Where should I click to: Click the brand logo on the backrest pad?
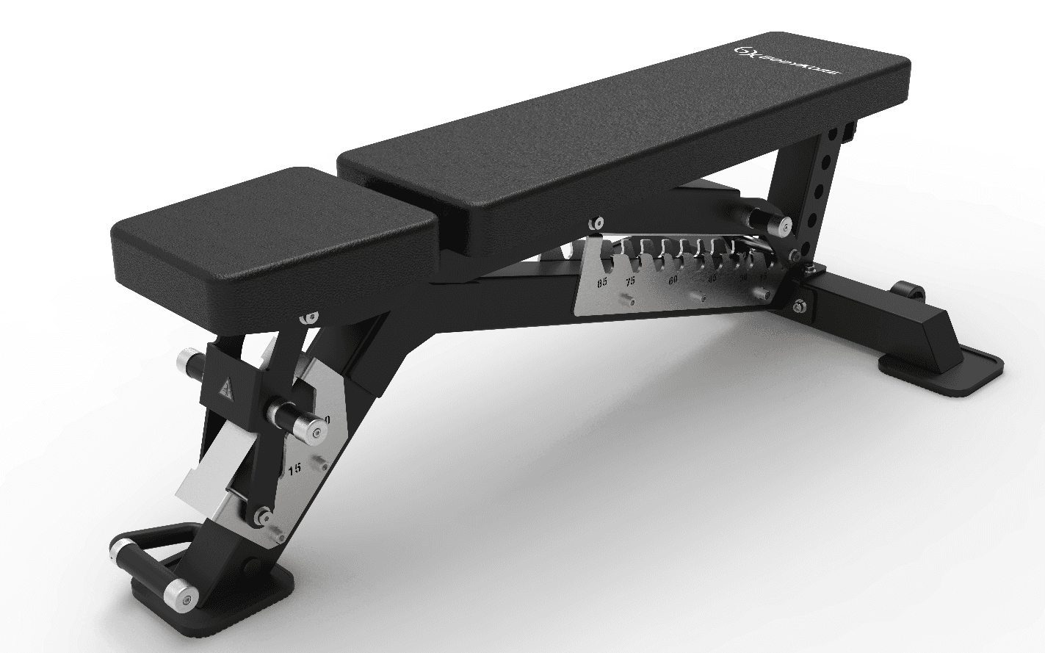(790, 62)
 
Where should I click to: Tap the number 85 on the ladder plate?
(602, 283)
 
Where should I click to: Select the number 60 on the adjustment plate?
(673, 281)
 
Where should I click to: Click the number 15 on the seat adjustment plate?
(294, 469)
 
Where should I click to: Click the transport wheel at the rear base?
(908, 290)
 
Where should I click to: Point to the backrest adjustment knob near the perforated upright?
(764, 218)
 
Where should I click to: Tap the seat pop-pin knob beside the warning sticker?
(190, 363)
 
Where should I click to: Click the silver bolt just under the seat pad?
(309, 318)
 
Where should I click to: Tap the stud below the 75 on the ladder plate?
(629, 300)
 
